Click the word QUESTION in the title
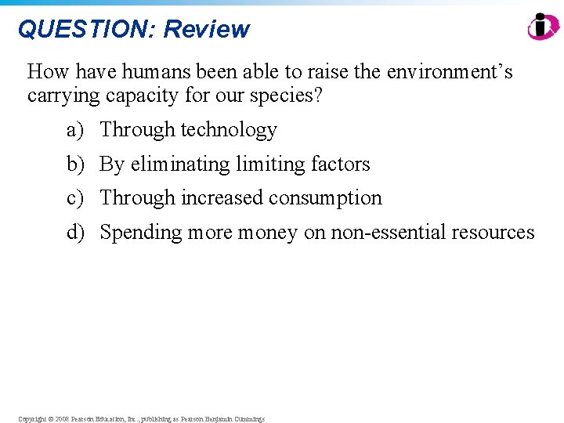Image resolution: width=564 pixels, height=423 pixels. pos(86,30)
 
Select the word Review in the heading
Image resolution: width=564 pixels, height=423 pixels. pos(206,30)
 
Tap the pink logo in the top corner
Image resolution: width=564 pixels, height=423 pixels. pos(543,26)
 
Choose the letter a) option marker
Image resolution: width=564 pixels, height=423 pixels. pos(74,129)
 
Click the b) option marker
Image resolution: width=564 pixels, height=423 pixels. pos(75,164)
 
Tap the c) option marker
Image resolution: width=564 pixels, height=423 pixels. pos(74,198)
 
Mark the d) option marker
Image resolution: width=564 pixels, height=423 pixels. pos(75,233)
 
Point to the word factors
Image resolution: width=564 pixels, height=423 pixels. pos(340,164)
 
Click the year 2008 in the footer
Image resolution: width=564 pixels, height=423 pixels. pos(62,419)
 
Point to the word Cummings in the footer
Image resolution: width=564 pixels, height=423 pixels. pos(248,419)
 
